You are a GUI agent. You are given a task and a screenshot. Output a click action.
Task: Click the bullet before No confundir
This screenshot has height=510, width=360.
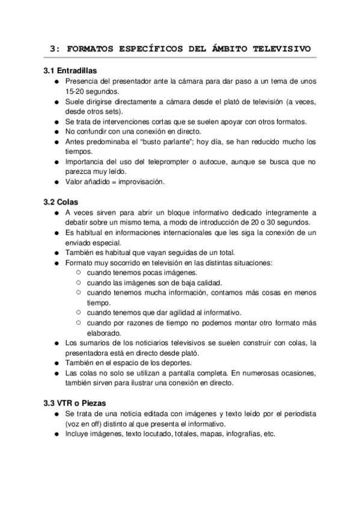[x=56, y=132]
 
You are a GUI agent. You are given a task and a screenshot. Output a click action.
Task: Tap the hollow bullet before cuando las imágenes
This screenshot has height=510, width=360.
[x=79, y=283]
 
